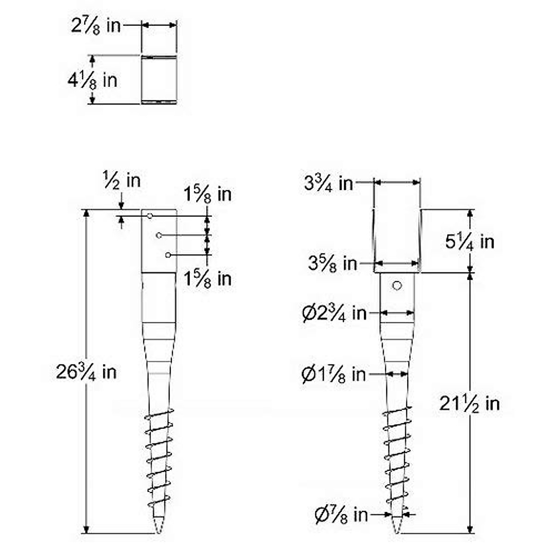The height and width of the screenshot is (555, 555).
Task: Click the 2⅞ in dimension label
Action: [x=96, y=25]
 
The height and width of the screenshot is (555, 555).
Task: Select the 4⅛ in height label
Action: [x=92, y=80]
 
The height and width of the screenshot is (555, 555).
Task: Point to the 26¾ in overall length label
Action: [x=86, y=371]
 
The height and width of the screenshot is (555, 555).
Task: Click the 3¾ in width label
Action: [x=328, y=183]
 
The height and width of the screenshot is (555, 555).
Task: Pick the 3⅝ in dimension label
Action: [x=333, y=264]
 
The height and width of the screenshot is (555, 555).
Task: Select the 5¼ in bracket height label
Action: [x=470, y=241]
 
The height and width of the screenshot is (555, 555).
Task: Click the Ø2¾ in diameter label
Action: [x=334, y=314]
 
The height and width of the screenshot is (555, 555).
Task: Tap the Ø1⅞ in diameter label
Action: [x=333, y=374]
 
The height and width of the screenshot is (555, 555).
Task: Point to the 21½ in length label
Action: [x=469, y=404]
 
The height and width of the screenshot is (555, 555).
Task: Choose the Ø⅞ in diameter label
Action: [x=341, y=514]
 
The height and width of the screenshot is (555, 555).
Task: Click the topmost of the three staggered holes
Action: [x=150, y=216]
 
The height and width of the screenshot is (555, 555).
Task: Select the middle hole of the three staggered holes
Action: [x=159, y=235]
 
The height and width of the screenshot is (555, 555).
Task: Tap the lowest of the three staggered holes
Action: [x=168, y=255]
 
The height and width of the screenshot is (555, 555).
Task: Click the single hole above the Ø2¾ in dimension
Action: [x=396, y=286]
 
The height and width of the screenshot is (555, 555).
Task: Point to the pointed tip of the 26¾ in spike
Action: [x=159, y=532]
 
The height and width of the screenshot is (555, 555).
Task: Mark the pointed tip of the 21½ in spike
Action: [x=397, y=532]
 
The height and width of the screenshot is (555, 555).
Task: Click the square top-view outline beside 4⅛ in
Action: [x=159, y=80]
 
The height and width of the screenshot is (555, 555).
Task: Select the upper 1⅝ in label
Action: [x=208, y=194]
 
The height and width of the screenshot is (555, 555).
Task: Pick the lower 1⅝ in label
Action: [x=208, y=279]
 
